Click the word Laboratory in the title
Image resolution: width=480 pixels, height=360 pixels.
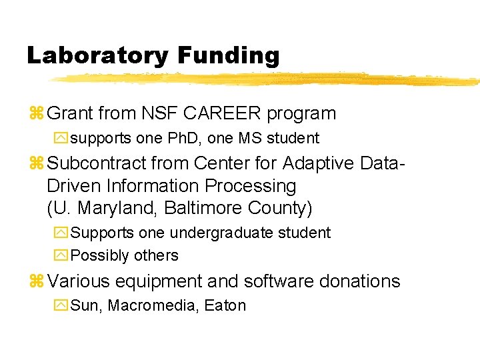click(x=98, y=55)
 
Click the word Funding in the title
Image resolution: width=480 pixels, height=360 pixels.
click(x=228, y=55)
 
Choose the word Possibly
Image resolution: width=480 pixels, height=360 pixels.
click(x=100, y=256)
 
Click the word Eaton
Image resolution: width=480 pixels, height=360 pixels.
click(x=225, y=306)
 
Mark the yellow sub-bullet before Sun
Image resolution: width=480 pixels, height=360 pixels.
click(x=61, y=306)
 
